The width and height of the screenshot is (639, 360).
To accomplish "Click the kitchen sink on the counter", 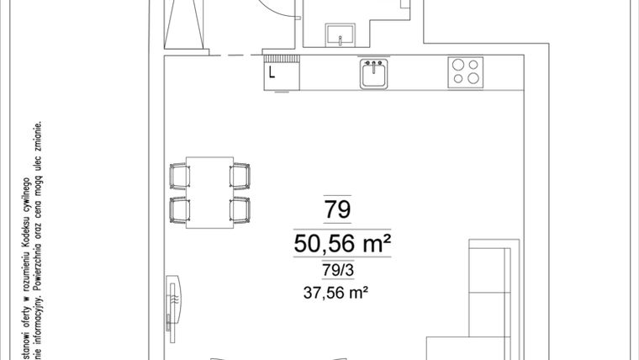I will point(374,73).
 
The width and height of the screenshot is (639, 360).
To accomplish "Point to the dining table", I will point(209,193).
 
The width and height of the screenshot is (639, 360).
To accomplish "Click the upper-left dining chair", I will point(180,176).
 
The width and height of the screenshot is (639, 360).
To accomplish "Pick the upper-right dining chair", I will point(240,176).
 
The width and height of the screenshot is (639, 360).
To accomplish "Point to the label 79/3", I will point(337,271).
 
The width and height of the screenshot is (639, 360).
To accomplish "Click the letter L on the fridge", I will point(272,72).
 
